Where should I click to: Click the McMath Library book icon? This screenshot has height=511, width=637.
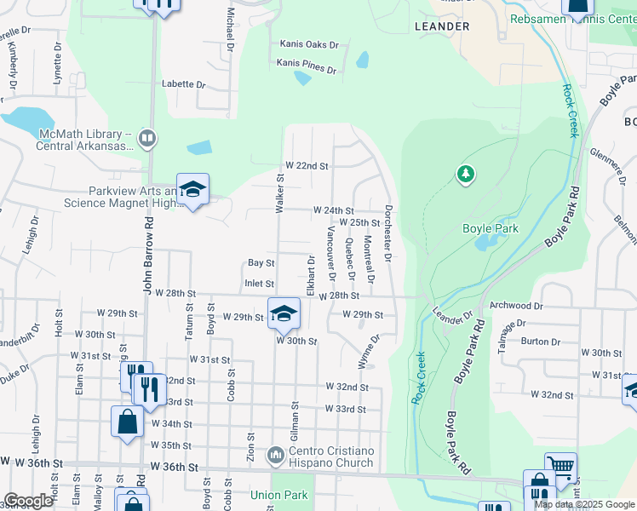pos(147,137)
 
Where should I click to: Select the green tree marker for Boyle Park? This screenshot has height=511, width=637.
pos(465,175)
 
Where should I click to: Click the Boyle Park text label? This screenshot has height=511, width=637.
pos(491,228)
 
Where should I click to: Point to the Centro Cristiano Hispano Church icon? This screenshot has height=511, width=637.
pos(275,456)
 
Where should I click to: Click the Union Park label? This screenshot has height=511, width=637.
pos(278,495)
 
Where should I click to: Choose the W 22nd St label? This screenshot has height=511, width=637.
pos(307,165)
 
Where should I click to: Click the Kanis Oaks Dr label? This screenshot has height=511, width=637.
pos(310,44)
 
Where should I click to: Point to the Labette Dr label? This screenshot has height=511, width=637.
pos(185,84)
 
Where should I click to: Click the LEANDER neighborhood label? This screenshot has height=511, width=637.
pos(442,26)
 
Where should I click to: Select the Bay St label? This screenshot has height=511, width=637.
pos(261,263)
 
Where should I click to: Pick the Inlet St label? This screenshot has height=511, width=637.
pos(259,284)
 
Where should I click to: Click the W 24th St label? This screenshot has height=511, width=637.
pos(333,210)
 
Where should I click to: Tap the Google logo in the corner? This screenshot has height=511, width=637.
pos(28,501)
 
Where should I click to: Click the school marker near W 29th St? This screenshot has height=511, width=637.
pos(284,313)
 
